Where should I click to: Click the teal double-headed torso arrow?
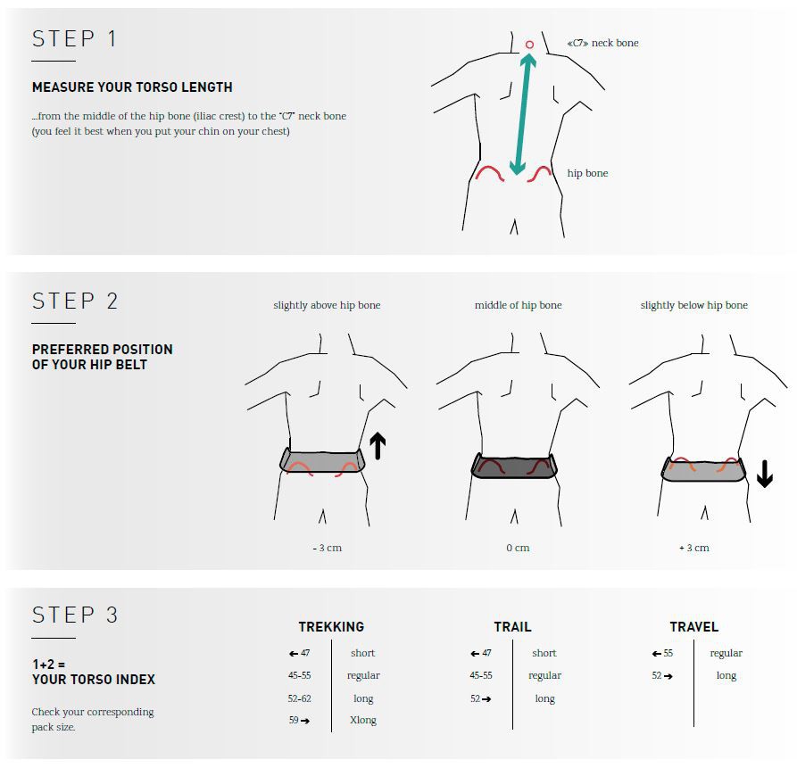point(523,114)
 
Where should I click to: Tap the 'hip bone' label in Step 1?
point(587,173)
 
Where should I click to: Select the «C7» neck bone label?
point(602,43)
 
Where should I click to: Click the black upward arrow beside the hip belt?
point(378,445)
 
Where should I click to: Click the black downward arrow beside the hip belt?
point(765,474)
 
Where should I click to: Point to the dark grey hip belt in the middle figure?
point(514,466)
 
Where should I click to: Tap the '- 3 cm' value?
point(328,548)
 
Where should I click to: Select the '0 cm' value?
point(518,548)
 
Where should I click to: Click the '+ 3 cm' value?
point(694,548)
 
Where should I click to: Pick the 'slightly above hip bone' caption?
point(327,305)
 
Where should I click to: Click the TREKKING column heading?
point(331,627)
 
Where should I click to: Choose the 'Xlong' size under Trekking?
point(363,720)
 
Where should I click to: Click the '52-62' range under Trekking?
point(299,698)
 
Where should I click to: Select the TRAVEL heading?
point(694,627)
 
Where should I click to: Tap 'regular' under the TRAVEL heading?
point(726,654)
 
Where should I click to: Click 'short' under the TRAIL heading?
point(544,653)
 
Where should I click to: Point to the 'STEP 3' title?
point(75,615)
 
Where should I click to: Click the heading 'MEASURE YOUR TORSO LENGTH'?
point(132,87)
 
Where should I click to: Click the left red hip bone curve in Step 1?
point(489,168)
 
